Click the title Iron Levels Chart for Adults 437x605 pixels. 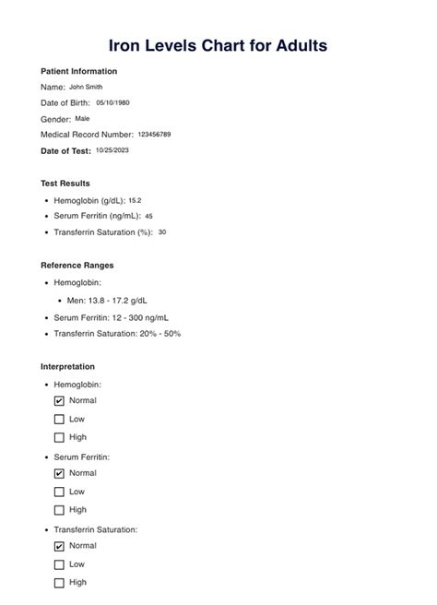click(218, 44)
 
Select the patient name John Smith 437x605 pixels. click(87, 87)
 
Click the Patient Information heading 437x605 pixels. click(79, 71)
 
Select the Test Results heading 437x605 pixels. click(65, 184)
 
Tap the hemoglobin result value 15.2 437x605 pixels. click(135, 200)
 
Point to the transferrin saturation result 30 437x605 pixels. click(162, 232)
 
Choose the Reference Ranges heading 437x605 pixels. click(77, 266)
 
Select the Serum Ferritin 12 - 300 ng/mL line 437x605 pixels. click(117, 317)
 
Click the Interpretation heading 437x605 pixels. click(67, 366)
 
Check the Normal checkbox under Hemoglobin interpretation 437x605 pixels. click(60, 401)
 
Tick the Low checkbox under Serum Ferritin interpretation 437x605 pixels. click(60, 492)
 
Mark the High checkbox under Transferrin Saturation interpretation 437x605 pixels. click(60, 582)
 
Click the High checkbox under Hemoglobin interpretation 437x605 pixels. click(60, 437)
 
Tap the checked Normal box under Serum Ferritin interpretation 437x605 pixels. click(60, 473)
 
